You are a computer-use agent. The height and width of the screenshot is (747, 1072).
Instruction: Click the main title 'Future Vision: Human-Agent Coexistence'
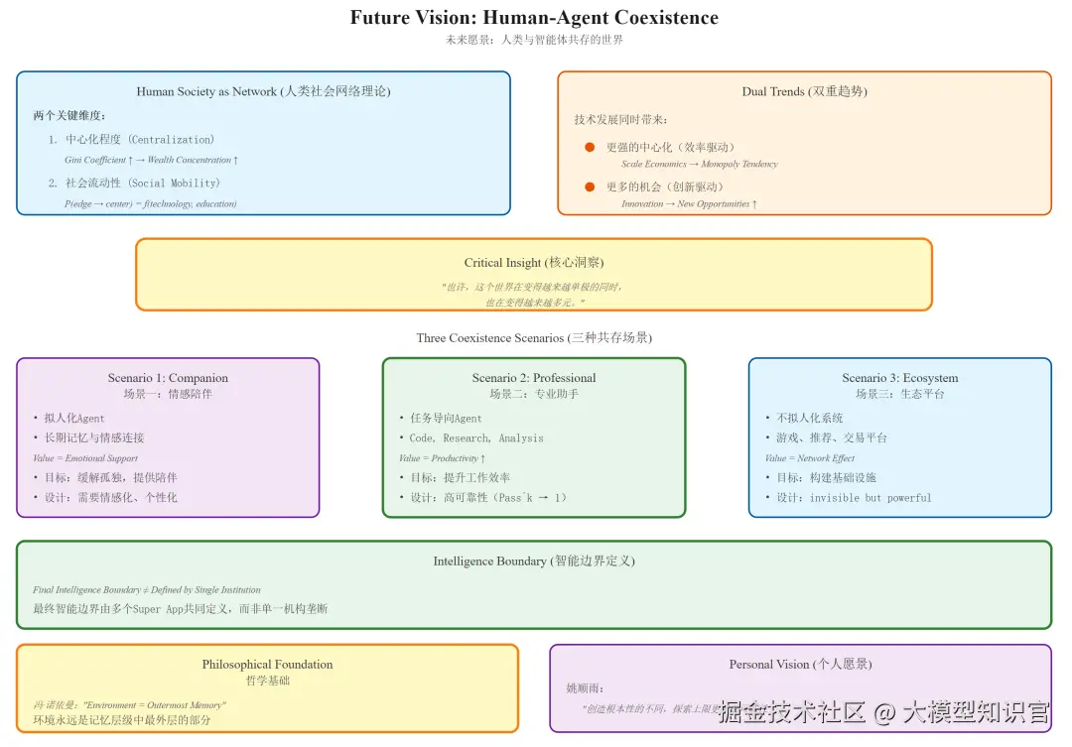pos(534,18)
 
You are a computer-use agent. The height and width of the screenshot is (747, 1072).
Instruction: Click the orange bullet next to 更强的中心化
pos(590,147)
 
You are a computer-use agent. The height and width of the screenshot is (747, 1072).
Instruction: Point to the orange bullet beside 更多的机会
pos(590,187)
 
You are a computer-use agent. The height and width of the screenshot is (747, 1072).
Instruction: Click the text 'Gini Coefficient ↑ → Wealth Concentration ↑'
pos(151,160)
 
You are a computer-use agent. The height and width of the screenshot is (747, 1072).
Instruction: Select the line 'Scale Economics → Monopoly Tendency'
pos(699,164)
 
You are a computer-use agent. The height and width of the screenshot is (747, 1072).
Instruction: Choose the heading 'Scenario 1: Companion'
pos(168,378)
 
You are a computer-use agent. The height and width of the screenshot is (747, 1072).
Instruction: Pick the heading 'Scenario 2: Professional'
pos(534,378)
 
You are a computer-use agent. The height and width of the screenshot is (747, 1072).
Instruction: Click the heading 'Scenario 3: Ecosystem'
pos(899,378)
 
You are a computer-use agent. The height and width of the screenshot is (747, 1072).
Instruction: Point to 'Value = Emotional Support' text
pos(85,458)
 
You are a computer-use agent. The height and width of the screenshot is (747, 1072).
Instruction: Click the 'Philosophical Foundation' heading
pos(267,665)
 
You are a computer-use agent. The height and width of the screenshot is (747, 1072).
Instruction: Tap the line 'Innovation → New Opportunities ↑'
pos(689,203)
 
